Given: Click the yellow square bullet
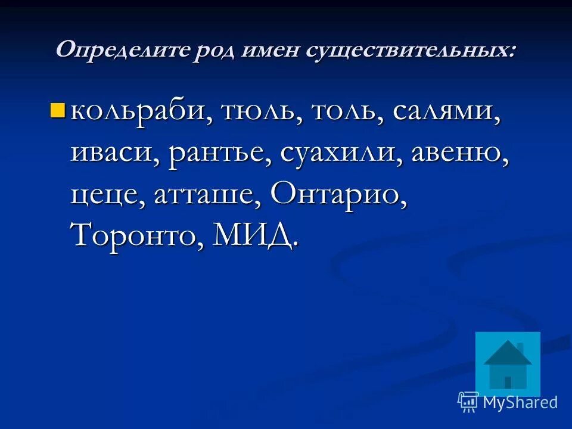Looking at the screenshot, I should click(x=58, y=110).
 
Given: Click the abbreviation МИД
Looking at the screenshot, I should click(x=254, y=236).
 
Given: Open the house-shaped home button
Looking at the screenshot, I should click(x=508, y=363).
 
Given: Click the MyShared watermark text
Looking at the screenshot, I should click(x=520, y=402).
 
